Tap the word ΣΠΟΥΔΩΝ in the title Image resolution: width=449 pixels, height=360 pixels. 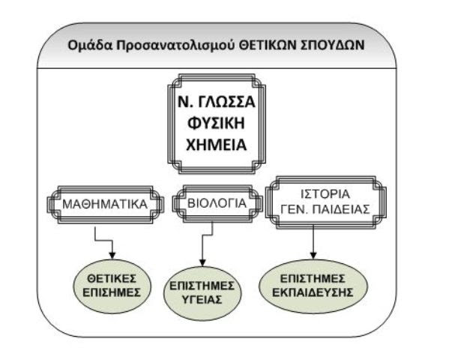333,45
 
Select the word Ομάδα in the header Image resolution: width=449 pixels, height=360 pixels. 90,46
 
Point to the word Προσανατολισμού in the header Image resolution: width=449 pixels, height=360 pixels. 176,46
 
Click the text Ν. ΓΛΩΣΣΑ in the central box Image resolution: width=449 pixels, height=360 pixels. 216,102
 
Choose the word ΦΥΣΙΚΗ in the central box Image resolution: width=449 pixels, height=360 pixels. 216,123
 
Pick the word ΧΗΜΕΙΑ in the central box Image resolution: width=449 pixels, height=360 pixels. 216,145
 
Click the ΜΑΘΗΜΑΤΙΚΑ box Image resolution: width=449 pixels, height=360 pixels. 105,204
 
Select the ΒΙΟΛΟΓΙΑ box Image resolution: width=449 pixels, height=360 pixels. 217,203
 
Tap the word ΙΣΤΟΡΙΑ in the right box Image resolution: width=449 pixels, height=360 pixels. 325,194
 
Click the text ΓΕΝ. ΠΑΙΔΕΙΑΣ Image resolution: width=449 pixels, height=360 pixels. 325,209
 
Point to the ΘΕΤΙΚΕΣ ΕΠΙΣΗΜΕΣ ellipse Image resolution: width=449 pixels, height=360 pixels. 112,286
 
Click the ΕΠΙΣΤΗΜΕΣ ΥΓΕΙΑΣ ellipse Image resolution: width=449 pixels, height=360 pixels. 202,293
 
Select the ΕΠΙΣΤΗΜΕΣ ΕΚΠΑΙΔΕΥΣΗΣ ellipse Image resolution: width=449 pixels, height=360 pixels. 313,286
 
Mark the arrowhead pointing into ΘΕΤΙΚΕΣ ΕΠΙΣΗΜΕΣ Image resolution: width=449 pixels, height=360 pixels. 112,256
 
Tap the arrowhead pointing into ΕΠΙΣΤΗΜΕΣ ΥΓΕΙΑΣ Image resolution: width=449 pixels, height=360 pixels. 202,262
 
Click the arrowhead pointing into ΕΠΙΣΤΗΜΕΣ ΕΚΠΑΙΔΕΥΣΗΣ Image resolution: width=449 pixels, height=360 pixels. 313,256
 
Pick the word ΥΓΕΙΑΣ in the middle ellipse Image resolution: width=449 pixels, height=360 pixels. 202,300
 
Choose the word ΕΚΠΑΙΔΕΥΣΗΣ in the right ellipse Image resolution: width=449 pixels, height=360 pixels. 313,292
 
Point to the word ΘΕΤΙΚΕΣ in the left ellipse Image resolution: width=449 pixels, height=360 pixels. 112,278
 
